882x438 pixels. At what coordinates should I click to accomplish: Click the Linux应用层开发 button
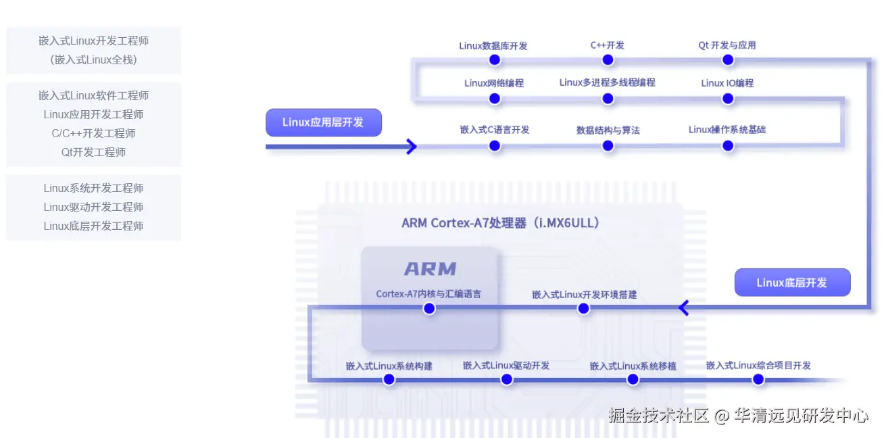point(324,122)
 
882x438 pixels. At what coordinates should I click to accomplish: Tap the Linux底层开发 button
point(792,283)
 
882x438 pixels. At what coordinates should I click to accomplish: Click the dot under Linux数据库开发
point(495,60)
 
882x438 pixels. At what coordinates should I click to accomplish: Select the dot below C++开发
point(608,60)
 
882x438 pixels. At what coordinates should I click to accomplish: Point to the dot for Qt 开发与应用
point(728,60)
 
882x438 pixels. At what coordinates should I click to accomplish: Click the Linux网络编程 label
point(494,83)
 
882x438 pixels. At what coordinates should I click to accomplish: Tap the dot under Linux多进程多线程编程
point(608,99)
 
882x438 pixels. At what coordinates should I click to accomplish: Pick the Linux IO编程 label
point(727,83)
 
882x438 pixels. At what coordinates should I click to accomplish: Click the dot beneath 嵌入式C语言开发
point(495,146)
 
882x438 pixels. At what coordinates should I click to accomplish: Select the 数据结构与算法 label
point(608,130)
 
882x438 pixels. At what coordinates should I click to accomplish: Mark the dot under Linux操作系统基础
point(728,146)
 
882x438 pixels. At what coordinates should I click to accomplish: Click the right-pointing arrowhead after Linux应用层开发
point(412,147)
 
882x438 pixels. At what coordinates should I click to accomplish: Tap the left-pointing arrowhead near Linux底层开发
point(683,308)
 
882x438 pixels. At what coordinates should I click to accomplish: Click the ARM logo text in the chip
point(430,269)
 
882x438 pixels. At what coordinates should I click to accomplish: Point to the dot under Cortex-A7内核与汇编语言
point(429,308)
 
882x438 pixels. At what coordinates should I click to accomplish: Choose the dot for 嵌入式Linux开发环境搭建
point(583,308)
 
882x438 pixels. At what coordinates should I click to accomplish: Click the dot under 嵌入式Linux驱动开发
point(507,379)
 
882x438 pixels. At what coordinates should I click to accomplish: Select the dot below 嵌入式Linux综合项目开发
point(758,379)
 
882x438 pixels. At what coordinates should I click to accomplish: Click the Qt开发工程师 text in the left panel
point(93,152)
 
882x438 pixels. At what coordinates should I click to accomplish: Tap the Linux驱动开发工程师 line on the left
point(93,207)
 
